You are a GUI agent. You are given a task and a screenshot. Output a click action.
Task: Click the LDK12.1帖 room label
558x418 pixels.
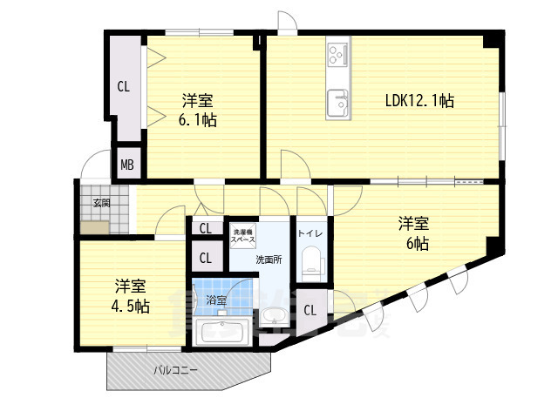419,101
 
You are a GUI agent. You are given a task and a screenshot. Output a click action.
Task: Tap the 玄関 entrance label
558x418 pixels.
102,203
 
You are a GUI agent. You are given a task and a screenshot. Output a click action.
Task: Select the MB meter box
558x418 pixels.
127,165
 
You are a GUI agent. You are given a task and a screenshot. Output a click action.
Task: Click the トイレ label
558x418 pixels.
310,233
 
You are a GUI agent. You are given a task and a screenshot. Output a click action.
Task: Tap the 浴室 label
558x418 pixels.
216,300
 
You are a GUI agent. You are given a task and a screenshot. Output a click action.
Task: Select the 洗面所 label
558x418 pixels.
268,260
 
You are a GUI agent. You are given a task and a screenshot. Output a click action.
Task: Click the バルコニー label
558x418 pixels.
176,370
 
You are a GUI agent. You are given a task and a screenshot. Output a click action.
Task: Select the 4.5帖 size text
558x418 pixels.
130,307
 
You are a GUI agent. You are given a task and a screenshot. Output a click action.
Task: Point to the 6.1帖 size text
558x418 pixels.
197,120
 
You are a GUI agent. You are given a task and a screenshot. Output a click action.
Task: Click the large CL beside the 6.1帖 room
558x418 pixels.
124,86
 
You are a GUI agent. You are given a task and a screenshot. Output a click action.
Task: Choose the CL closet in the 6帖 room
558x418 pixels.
310,310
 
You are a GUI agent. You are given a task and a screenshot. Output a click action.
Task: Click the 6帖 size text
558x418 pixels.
415,244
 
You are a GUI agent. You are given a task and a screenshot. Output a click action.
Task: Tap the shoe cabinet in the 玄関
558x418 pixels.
95,226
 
